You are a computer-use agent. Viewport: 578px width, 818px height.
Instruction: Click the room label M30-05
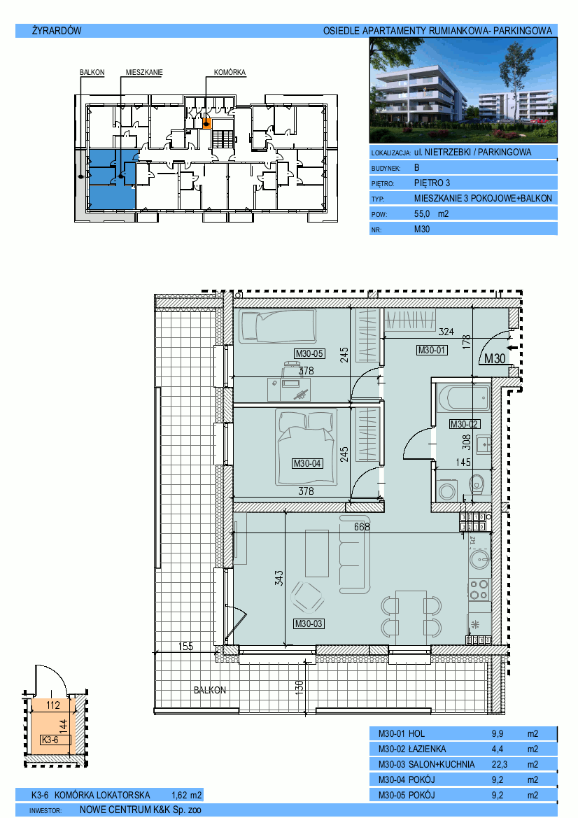point(309,353)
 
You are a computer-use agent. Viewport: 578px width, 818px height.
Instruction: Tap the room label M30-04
point(307,463)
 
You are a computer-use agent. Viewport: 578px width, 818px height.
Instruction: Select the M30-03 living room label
point(309,623)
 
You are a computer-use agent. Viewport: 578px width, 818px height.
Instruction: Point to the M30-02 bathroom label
point(464,424)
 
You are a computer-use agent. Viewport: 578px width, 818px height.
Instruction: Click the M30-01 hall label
point(432,350)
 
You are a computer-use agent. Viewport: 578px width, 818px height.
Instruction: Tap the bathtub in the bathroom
point(464,399)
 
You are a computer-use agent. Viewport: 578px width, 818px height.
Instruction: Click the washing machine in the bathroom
point(446,491)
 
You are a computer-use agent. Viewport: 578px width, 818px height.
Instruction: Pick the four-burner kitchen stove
point(479,589)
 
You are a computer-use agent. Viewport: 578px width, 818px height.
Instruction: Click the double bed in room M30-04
point(306,448)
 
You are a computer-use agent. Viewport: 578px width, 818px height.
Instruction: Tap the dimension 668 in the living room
point(362,527)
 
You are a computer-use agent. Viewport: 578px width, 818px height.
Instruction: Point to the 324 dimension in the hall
point(446,332)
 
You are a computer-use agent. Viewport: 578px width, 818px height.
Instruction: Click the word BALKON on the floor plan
point(210,690)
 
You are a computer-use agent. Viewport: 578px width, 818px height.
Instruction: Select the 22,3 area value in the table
point(499,764)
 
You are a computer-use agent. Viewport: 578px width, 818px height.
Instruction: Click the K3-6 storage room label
point(50,740)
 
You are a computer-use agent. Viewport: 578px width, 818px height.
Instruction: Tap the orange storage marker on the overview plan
point(206,123)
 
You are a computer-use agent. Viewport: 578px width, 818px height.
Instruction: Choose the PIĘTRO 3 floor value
point(432,183)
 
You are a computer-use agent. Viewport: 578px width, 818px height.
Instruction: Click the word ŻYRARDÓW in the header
point(57,31)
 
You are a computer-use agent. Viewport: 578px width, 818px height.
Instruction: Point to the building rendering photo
point(463,90)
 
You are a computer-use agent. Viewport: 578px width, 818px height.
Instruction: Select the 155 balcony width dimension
point(185,647)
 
